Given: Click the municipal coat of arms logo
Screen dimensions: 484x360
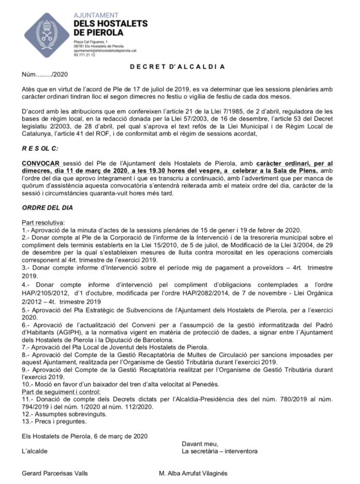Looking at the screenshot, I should tap(47, 36).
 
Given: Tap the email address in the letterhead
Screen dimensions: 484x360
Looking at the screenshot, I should tap(105, 51).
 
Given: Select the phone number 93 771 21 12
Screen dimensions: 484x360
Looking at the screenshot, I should tap(84, 55).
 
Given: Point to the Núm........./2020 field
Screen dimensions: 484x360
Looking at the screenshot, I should tap(41, 75).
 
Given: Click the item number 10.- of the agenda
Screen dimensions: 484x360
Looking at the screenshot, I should tap(28, 386).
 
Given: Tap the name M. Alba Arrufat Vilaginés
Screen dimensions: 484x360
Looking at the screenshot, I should tap(193, 473).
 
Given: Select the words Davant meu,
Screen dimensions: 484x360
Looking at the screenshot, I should tap(200, 444).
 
